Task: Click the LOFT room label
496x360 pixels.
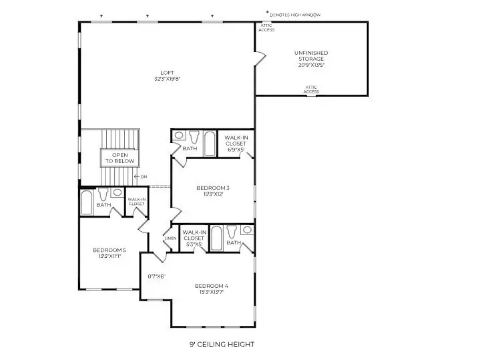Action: point(167,72)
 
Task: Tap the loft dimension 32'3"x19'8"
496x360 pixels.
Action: point(167,79)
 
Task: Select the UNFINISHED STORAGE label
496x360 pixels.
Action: point(311,55)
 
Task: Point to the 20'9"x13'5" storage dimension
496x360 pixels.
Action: point(311,65)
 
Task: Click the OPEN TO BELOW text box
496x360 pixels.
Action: point(119,158)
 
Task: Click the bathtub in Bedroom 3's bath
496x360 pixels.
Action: point(209,142)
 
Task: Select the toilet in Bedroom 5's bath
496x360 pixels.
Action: point(103,196)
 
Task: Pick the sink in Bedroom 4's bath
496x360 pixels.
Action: point(247,230)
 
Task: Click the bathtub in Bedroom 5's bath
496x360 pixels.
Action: point(87,202)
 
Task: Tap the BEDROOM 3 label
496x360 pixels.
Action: point(213,188)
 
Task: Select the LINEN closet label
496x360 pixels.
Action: point(170,238)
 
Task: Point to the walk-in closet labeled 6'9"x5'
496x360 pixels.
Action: point(235,144)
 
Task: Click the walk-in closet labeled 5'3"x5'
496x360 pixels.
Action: point(194,238)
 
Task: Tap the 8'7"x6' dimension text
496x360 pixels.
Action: point(156,276)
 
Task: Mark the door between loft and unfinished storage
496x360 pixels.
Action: point(258,59)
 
